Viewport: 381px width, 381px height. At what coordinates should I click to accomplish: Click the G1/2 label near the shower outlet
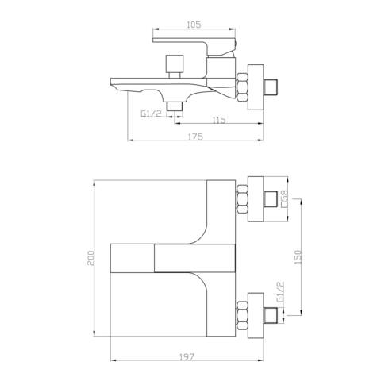[x=151, y=114]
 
